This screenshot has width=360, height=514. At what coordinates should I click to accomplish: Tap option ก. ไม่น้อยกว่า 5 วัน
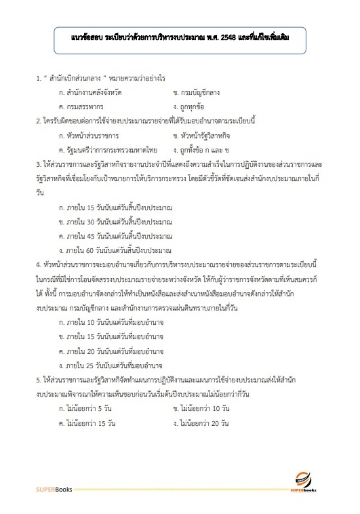(85, 409)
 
